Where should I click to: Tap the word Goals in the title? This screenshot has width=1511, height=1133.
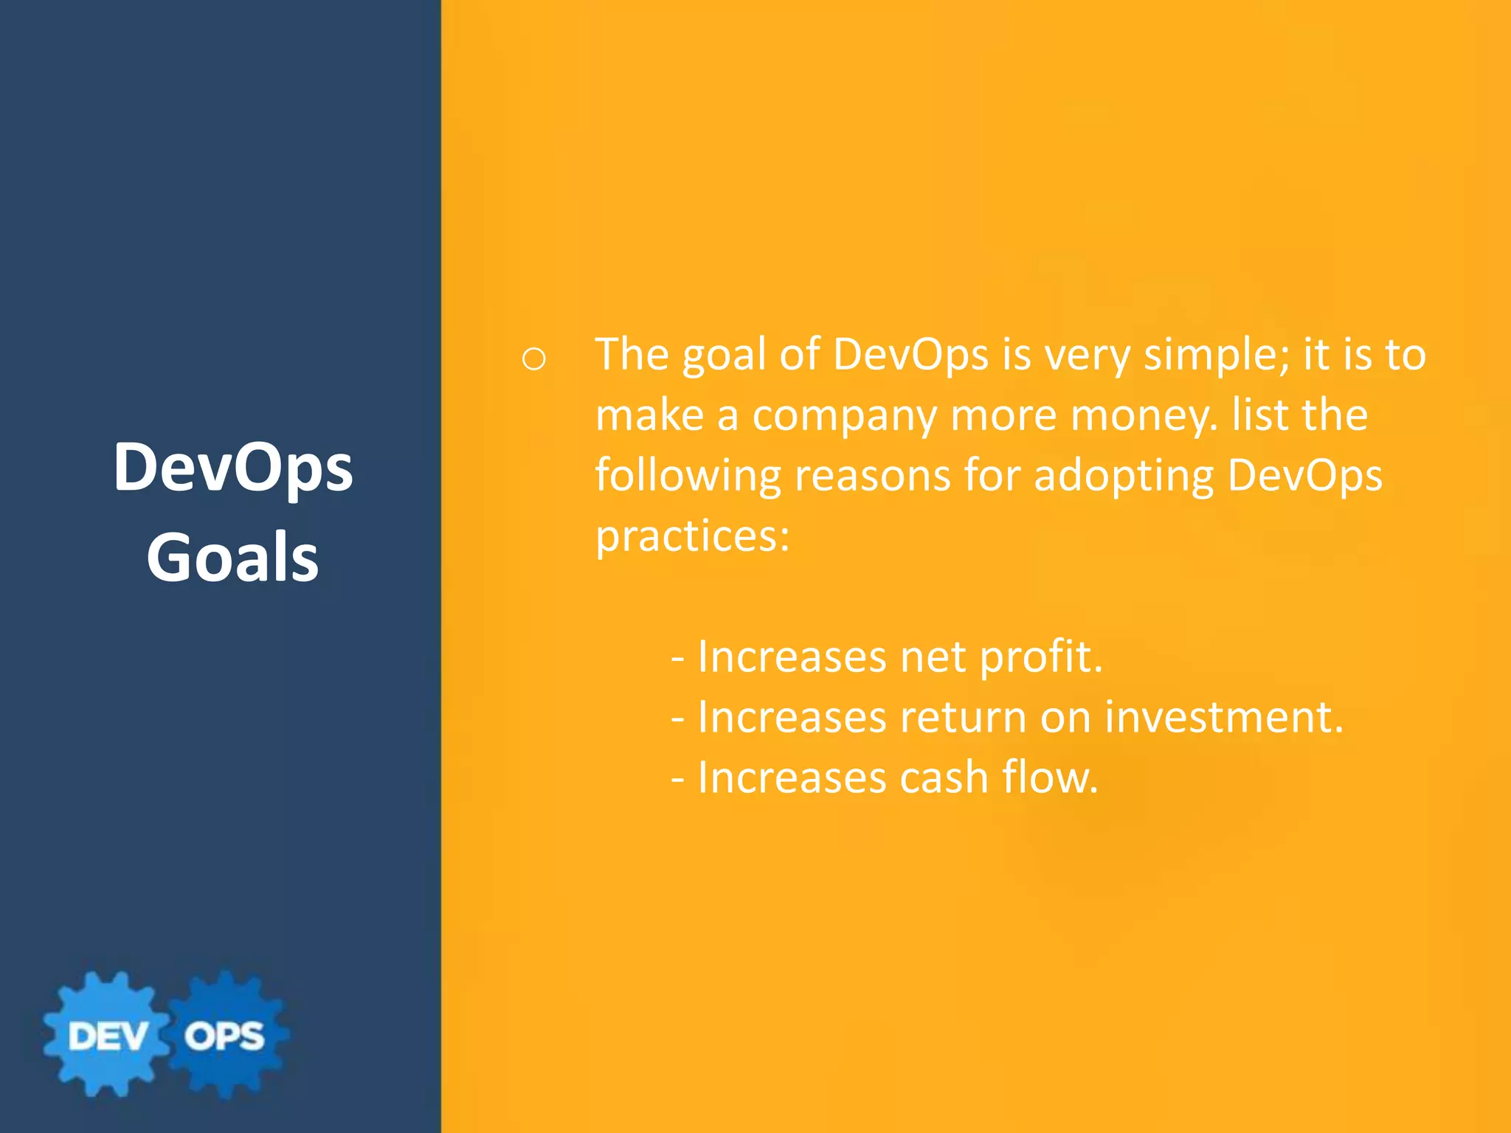(233, 558)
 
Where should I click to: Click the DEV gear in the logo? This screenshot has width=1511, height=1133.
(108, 1035)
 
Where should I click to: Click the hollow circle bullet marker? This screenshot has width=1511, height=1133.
(533, 359)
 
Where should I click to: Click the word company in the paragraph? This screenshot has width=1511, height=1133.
(844, 415)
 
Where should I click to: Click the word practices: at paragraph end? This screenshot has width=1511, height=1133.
(692, 536)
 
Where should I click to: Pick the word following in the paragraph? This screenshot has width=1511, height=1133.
(688, 476)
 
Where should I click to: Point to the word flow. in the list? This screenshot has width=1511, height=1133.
(1050, 777)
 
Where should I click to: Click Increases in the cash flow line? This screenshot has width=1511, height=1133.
(792, 777)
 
